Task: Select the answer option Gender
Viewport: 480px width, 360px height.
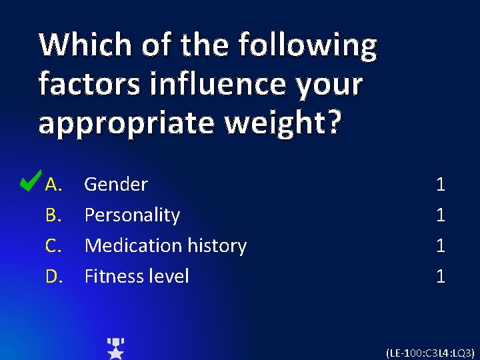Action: (x=116, y=185)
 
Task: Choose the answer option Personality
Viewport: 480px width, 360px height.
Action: (x=132, y=215)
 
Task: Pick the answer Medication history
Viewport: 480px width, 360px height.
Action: (x=165, y=246)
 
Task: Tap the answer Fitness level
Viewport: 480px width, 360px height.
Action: (x=137, y=276)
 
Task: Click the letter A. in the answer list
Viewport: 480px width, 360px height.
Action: (x=54, y=185)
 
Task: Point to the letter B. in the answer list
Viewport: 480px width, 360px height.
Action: (x=54, y=215)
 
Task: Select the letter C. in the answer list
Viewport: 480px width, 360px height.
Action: (x=54, y=246)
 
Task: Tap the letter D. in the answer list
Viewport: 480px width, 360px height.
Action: (x=54, y=276)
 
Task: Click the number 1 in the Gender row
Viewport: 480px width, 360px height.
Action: (x=440, y=185)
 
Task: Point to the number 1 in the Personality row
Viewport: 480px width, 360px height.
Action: (x=440, y=215)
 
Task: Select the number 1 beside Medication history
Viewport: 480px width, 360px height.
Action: (x=440, y=246)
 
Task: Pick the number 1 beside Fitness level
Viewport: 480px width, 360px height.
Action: (x=440, y=276)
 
